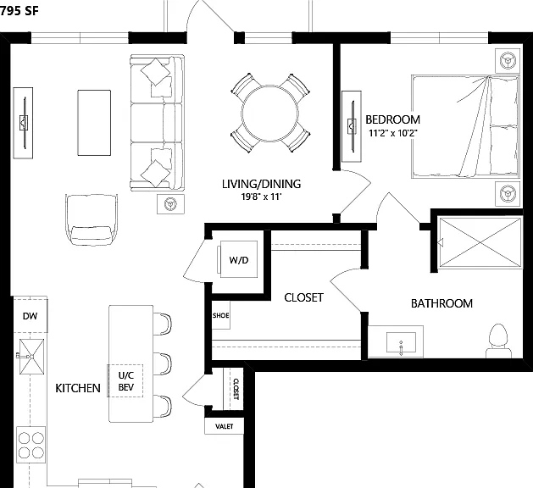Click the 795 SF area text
19,11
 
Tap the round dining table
270,114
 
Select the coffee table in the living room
94,123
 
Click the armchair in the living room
92,219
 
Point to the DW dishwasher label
30,316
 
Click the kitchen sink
31,357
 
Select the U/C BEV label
126,381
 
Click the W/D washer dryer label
239,260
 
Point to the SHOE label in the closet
220,315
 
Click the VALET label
225,426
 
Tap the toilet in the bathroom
498,341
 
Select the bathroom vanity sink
401,342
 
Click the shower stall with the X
480,242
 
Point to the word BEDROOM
392,119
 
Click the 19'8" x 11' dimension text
262,197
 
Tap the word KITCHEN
78,388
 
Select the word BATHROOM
441,303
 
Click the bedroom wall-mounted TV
352,126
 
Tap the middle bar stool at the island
163,363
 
